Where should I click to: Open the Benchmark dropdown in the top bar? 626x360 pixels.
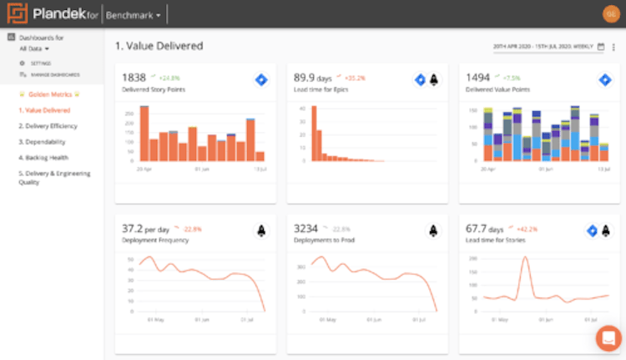[134, 15]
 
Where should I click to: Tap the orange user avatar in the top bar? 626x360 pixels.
[609, 14]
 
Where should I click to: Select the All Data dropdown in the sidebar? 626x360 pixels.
[34, 49]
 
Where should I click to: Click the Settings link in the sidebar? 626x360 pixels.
[40, 63]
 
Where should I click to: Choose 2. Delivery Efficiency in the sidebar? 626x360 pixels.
[48, 126]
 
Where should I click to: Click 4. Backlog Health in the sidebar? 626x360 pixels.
[43, 158]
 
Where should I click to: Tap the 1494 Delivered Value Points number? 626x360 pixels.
[477, 77]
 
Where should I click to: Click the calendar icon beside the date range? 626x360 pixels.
[601, 47]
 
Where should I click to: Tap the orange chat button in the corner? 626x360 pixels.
[608, 338]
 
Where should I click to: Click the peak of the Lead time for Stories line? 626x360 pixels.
[524, 258]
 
